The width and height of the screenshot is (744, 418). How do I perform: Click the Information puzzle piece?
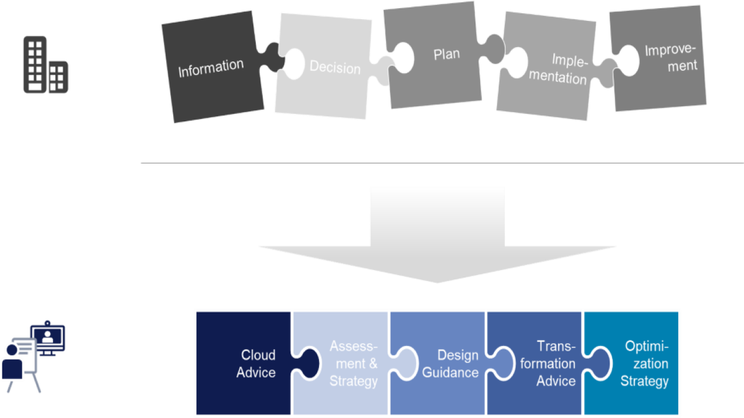210,69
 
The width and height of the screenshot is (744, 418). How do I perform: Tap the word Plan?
446,55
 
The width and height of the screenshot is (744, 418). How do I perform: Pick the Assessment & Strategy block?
353,363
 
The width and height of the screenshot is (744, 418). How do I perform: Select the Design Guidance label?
450,363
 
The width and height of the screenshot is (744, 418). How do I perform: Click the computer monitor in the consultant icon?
49,336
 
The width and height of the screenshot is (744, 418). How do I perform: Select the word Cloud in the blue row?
258,355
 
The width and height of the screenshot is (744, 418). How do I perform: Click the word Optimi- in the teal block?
647,347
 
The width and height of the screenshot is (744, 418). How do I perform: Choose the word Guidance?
450,372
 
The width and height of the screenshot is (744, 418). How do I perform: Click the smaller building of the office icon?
58,77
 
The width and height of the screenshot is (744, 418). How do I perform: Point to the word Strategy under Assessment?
353,381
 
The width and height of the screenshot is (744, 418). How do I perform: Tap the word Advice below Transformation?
556,381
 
